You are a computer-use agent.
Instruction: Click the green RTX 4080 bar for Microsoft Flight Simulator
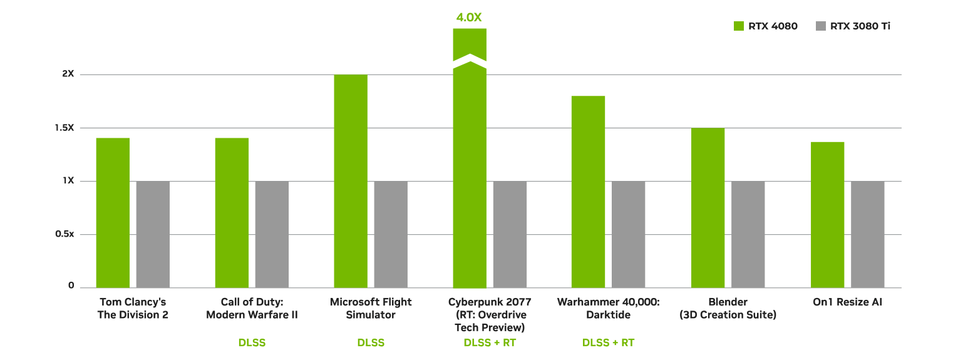(x=351, y=182)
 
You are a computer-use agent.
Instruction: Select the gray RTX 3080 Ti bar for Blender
(x=748, y=235)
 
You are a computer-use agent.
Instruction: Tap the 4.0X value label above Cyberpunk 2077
(x=470, y=18)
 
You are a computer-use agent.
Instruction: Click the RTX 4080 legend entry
(x=765, y=26)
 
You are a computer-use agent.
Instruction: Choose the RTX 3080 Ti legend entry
(x=853, y=26)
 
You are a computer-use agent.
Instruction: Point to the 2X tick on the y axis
(x=68, y=74)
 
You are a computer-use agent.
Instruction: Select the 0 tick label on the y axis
(x=71, y=286)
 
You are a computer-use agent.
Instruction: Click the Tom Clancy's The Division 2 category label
(x=133, y=309)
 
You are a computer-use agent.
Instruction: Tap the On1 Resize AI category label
(x=847, y=302)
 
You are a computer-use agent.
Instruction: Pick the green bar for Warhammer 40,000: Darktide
(x=588, y=192)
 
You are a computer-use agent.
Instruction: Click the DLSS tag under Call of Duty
(x=252, y=343)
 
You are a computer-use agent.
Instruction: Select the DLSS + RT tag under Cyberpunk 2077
(x=490, y=343)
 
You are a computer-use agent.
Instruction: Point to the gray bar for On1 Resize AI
(x=867, y=235)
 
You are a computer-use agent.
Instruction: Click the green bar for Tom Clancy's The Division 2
(x=113, y=213)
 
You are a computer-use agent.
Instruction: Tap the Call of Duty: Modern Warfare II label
(x=252, y=309)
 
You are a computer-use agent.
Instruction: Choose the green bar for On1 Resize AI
(x=827, y=215)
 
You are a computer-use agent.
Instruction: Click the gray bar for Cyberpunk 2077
(x=510, y=235)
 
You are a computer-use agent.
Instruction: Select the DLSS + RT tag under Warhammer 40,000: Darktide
(x=608, y=343)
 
